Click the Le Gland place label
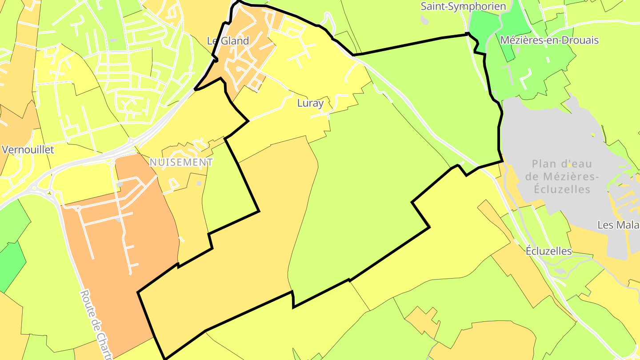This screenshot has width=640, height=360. pos(228,41)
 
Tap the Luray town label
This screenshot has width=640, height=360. pos(310,103)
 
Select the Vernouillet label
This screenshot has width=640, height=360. pos(28,150)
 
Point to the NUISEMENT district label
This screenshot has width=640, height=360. pos(181,162)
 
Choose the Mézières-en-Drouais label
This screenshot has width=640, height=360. pos(549,40)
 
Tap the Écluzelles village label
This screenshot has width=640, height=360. pos(548,251)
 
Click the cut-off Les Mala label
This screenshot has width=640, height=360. pos(618,225)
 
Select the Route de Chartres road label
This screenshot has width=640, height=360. pos(97,324)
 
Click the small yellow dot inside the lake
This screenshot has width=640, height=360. pos(569,165)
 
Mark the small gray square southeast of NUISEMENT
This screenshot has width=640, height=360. pos(199,183)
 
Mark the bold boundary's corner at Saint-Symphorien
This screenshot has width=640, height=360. pos(468,34)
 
